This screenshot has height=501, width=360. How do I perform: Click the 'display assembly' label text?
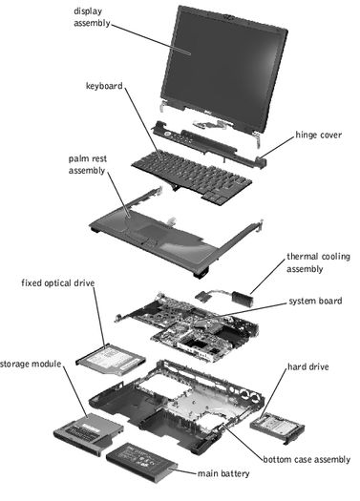[92, 17]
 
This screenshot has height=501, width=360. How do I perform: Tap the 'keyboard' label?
[104, 86]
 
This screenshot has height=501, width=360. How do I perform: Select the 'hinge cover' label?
[318, 135]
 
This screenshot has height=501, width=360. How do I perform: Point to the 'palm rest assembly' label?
[87, 164]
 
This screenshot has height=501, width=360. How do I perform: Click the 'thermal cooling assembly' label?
[318, 262]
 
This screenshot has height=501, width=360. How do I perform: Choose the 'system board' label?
[315, 301]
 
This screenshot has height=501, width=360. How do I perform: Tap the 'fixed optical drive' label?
[58, 283]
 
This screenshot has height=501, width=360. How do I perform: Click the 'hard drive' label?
[308, 366]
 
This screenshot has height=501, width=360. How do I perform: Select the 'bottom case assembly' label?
[307, 459]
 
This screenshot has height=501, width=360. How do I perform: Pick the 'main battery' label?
[223, 473]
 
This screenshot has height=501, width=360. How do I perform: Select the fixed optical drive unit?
[111, 359]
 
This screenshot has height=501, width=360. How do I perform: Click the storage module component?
[88, 433]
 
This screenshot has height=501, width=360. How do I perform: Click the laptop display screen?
[224, 67]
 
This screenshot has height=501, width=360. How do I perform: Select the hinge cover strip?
[208, 143]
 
